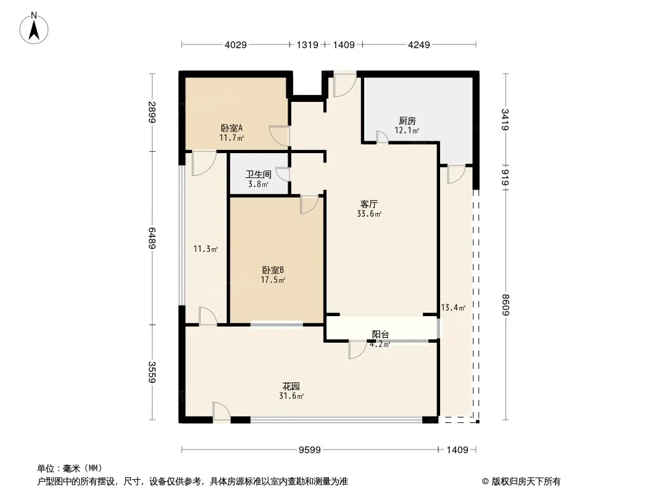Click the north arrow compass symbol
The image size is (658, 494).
click(34, 28)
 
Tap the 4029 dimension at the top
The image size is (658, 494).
click(235, 44)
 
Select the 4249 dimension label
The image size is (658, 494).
click(419, 44)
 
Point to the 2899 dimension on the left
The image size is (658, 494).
click(152, 112)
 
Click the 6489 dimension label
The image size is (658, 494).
click(152, 238)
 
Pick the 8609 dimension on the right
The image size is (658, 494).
click(506, 305)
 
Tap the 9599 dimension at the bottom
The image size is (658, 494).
click(310, 450)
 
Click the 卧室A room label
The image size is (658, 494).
click(231, 128)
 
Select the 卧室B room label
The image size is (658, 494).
click(273, 270)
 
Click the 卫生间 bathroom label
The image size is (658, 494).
click(259, 174)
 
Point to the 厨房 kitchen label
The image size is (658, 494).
click(407, 121)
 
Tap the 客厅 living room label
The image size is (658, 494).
click(369, 204)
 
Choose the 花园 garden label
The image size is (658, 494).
click(291, 386)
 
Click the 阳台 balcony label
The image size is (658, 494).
click(380, 335)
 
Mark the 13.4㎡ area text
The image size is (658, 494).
click(453, 308)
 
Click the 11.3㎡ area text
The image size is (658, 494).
click(206, 249)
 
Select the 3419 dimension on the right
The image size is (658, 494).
click(506, 120)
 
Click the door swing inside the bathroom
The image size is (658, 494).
click(283, 174)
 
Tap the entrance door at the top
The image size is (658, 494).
click(344, 85)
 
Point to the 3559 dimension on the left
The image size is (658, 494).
click(152, 372)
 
